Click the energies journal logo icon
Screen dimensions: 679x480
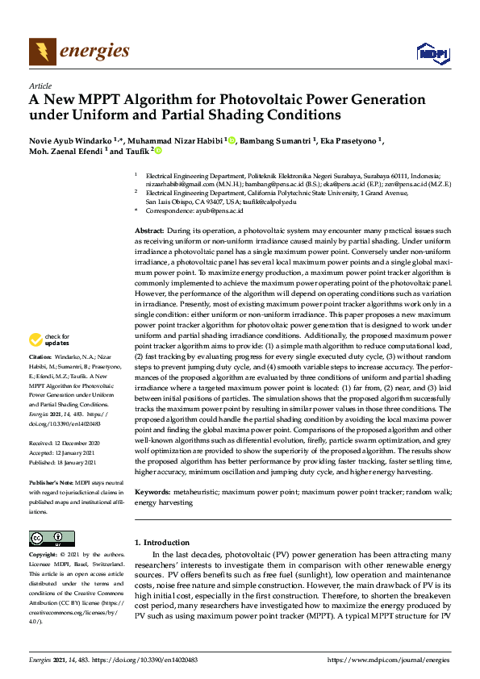[43, 52]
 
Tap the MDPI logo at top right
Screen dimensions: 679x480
[432, 53]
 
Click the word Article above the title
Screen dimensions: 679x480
[40, 85]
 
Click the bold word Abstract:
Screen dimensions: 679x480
[149, 231]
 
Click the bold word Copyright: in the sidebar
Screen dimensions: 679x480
[44, 556]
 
